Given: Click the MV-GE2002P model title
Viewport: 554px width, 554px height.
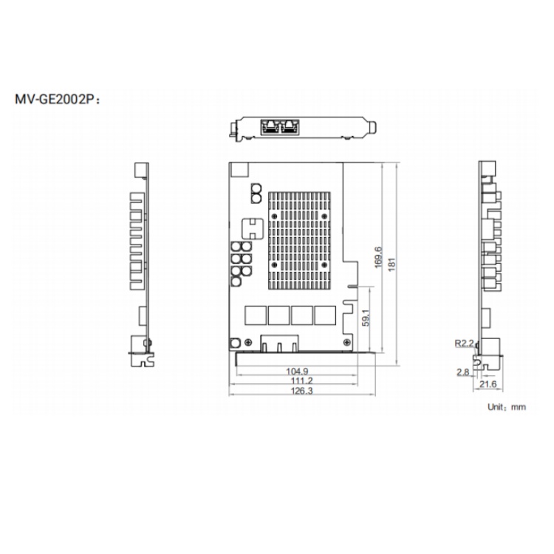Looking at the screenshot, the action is pyautogui.click(x=58, y=99).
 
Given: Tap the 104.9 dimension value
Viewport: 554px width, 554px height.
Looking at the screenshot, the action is pyautogui.click(x=297, y=371).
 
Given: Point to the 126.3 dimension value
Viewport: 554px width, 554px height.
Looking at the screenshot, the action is pyautogui.click(x=301, y=391).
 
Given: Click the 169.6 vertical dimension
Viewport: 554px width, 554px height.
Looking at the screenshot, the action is pyautogui.click(x=377, y=257).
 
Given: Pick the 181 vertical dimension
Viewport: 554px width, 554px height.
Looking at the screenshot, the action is pyautogui.click(x=391, y=264).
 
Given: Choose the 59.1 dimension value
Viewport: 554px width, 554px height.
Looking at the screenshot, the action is pyautogui.click(x=366, y=318).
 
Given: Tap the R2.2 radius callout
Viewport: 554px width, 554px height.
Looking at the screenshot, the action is pyautogui.click(x=464, y=343).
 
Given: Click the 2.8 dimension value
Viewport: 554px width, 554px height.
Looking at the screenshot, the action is pyautogui.click(x=463, y=372).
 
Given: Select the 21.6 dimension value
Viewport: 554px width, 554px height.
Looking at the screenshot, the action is pyautogui.click(x=488, y=383).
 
